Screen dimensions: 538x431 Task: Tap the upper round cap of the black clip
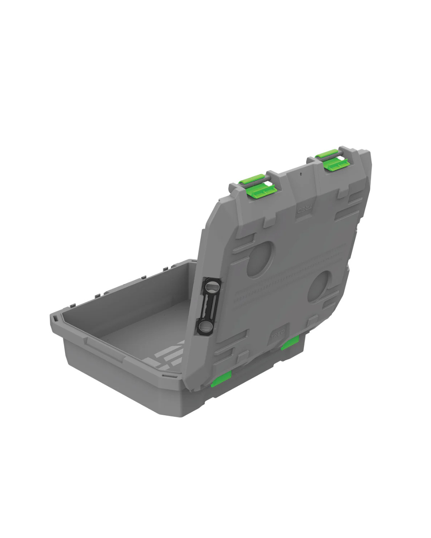[212, 286]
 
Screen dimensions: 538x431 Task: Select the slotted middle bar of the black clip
[208, 306]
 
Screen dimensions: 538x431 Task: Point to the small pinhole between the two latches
[301, 174]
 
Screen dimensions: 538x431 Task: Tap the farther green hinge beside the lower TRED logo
[290, 343]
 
